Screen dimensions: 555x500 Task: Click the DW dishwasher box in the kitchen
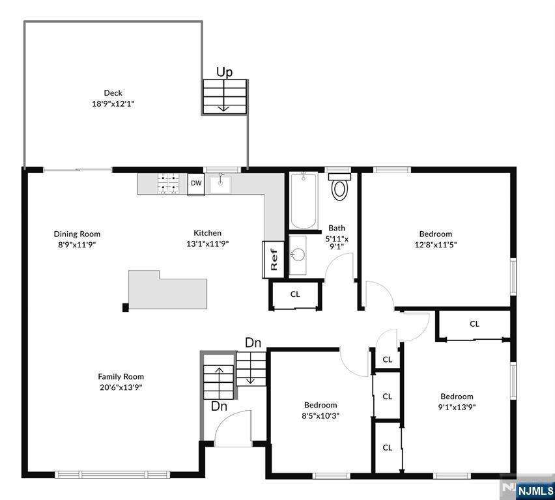point(195,184)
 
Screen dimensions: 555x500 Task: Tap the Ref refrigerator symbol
point(273,259)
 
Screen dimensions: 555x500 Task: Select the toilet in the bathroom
point(339,186)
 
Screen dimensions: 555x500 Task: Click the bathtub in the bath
point(303,201)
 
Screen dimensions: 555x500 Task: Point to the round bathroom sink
point(298,254)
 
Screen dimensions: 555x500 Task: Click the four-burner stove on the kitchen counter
point(168,184)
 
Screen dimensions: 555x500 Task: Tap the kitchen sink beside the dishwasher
point(220,184)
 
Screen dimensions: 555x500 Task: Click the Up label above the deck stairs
point(224,72)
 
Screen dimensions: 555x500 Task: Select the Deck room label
point(113,92)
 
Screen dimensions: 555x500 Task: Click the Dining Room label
point(77,234)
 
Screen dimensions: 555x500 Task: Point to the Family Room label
point(121,376)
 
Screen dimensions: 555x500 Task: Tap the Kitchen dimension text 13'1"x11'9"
point(207,243)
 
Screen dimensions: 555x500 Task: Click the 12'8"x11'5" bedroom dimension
point(436,245)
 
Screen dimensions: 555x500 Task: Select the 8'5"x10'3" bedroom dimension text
point(320,415)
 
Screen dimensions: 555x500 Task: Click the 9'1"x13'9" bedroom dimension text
point(457,407)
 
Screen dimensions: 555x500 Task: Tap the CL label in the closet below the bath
point(295,294)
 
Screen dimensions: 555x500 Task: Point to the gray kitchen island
point(167,290)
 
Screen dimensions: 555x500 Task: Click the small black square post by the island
point(125,307)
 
